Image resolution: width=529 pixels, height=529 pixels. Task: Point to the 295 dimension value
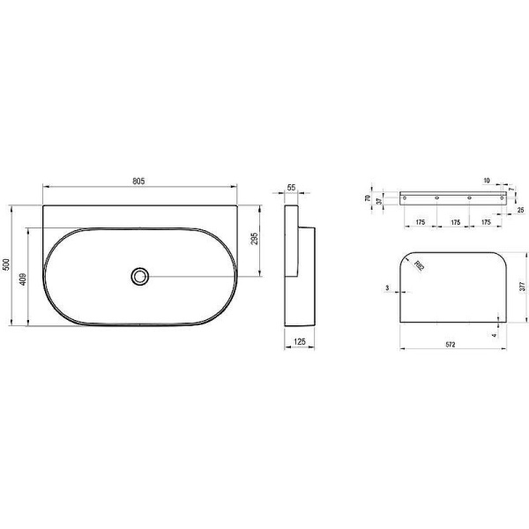click(254, 241)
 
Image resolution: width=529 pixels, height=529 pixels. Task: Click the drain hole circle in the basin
click(139, 276)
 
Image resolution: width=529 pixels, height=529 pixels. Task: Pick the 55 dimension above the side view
click(292, 189)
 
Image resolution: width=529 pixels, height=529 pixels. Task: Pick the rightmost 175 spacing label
click(486, 222)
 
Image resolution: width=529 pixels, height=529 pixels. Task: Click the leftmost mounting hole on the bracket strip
click(406, 198)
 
